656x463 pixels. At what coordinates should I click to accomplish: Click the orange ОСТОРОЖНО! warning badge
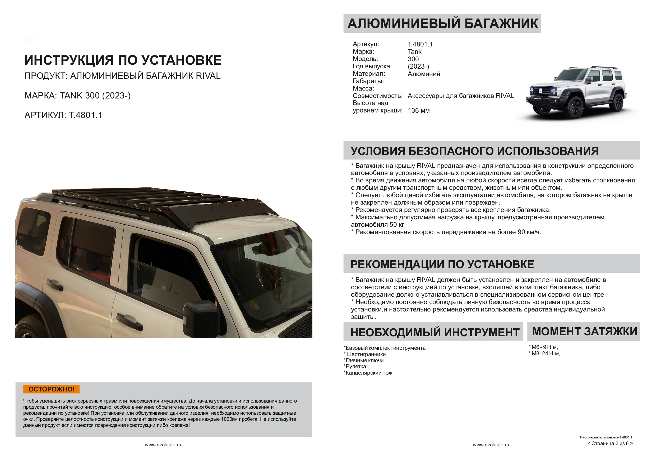(51, 389)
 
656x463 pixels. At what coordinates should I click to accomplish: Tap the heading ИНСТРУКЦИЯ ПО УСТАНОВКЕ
(123, 60)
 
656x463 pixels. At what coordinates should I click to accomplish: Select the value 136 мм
(419, 111)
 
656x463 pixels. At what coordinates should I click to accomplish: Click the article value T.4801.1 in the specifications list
(420, 44)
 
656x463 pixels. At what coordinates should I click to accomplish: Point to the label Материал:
(369, 74)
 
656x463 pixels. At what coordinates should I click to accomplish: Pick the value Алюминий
(424, 74)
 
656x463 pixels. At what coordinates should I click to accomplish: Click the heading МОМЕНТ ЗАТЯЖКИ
(584, 332)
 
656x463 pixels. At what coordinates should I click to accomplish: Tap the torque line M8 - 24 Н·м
(544, 353)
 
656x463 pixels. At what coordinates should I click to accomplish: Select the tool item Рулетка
(355, 367)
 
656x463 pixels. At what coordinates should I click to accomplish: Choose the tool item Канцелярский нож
(368, 373)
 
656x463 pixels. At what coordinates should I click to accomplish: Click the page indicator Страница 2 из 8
(610, 443)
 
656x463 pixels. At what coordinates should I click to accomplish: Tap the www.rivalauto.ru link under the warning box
(163, 445)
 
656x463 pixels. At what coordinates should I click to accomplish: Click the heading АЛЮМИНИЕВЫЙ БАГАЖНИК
(442, 23)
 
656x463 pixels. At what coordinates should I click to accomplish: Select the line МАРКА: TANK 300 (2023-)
(77, 96)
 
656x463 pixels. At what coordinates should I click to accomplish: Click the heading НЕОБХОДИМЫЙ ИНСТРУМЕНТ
(435, 333)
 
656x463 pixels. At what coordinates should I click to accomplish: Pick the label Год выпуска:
(372, 66)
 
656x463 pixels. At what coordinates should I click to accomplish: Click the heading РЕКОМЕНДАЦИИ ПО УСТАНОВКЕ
(442, 264)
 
